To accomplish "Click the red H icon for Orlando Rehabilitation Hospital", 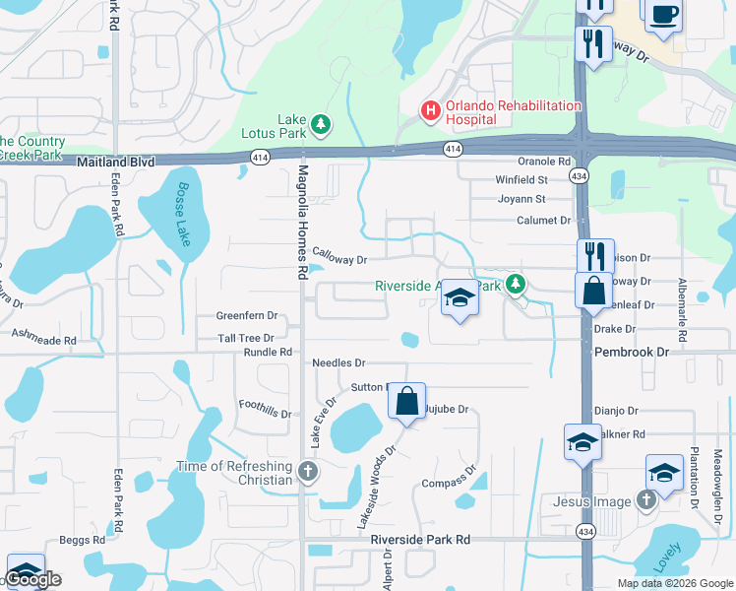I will tap(430, 111).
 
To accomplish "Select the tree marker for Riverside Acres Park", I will tap(514, 286).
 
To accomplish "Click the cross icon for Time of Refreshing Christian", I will tap(308, 472).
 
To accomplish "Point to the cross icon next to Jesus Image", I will tap(645, 501).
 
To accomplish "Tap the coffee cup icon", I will tap(663, 15).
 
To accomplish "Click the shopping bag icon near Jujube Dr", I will tap(406, 401).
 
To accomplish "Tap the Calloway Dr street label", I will tap(339, 260).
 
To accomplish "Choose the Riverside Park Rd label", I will tap(420, 540).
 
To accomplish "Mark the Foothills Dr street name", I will tap(266, 409).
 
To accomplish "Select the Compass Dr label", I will tap(449, 482).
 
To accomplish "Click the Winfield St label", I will tap(521, 180).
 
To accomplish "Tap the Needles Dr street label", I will tap(338, 362).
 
